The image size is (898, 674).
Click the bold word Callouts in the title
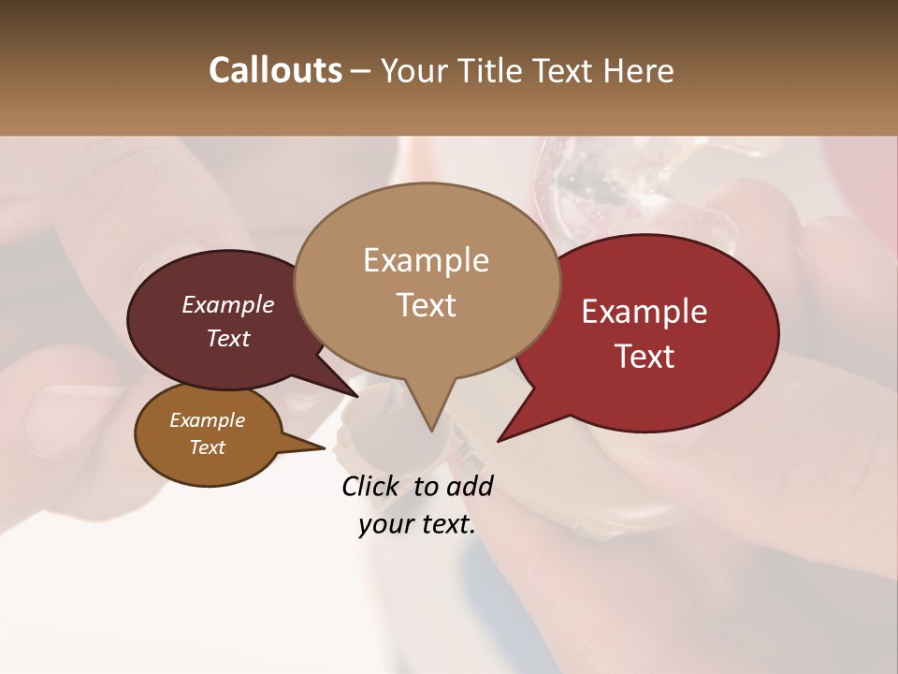tap(275, 70)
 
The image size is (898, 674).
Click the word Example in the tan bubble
tap(426, 260)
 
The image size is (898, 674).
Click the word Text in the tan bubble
tap(427, 305)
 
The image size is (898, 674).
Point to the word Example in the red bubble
tap(645, 312)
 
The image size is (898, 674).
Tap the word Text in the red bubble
tap(645, 357)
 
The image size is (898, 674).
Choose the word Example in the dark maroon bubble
tap(227, 304)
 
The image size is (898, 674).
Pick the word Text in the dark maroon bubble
tap(228, 338)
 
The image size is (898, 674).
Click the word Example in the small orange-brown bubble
tap(207, 420)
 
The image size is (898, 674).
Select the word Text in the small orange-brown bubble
tap(208, 447)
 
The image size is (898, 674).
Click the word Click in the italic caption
tap(372, 486)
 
